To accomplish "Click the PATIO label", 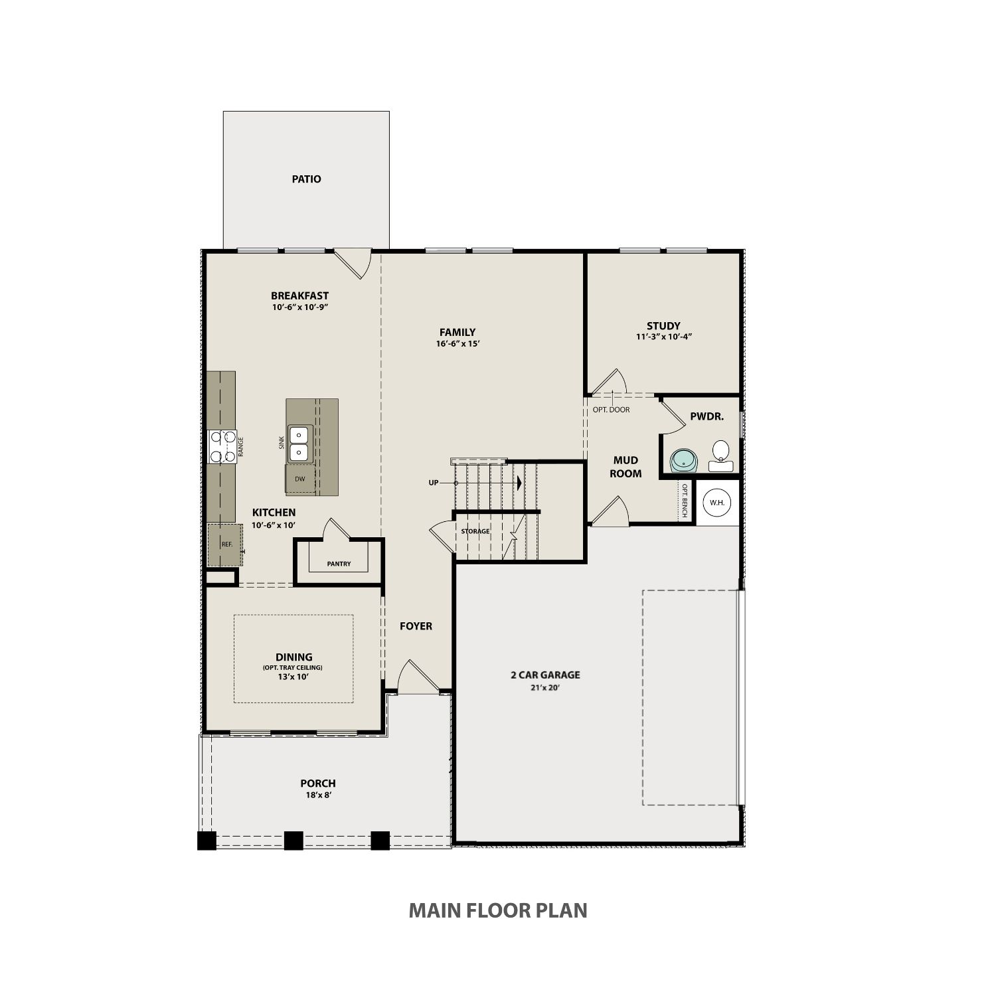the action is [306, 179].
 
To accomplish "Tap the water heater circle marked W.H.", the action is [717, 503].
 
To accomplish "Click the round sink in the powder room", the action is [684, 460].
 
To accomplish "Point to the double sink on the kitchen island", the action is [301, 444].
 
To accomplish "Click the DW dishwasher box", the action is [300, 479].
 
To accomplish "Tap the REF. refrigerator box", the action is [226, 544].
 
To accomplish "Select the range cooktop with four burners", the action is [222, 446].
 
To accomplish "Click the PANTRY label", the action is [339, 564].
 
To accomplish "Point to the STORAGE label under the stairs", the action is [475, 531].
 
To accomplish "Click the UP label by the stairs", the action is [434, 483].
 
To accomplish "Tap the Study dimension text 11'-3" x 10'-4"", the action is [664, 337].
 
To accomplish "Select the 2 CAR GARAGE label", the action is [545, 675].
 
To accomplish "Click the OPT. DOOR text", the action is [611, 410].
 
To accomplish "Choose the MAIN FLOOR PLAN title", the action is [498, 910].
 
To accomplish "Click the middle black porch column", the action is [293, 841].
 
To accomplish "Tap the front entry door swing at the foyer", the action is [418, 676].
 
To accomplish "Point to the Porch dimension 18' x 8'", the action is [318, 795].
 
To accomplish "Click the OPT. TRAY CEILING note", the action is [293, 667].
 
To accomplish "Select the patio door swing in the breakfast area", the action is [353, 264].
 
